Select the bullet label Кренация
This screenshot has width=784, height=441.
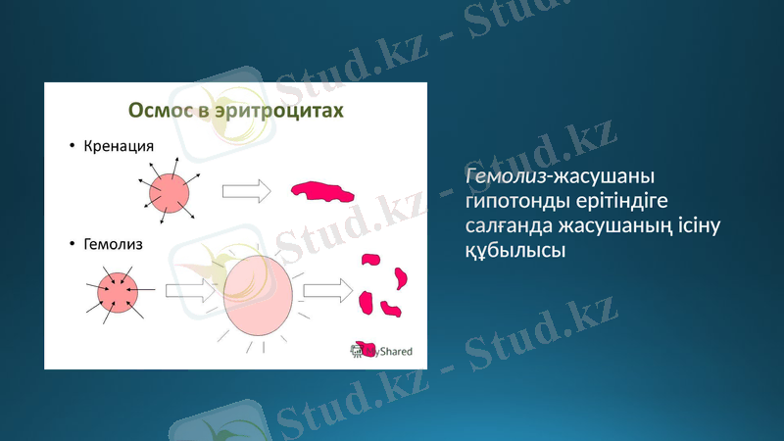[x=120, y=147]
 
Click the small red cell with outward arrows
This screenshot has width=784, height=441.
[x=169, y=192]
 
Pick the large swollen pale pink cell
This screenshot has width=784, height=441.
[x=259, y=296]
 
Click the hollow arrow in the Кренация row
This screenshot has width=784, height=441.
[x=246, y=191]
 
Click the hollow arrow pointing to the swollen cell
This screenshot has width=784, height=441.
[x=190, y=290]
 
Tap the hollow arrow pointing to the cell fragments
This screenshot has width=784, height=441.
[x=327, y=289]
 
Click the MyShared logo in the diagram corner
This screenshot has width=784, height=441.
[x=383, y=350]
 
